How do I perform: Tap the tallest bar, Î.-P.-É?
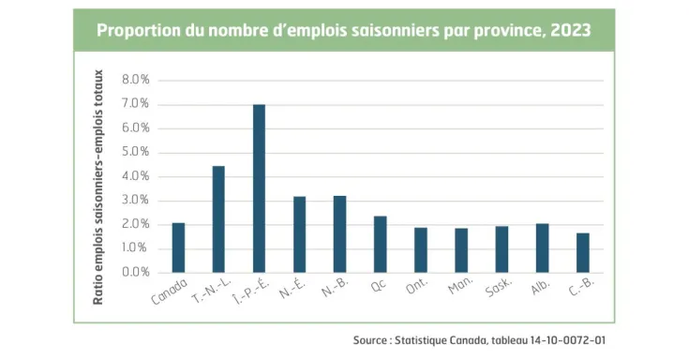259,188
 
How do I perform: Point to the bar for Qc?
380,245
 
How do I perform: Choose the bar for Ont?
421,250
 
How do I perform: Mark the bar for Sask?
502,249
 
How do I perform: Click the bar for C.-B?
582,253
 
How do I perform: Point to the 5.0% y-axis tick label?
135,152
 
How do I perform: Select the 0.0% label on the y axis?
135,273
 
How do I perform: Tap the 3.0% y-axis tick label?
135,201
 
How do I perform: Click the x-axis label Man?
458,288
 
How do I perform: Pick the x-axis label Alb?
540,288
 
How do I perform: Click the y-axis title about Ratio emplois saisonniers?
97,187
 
